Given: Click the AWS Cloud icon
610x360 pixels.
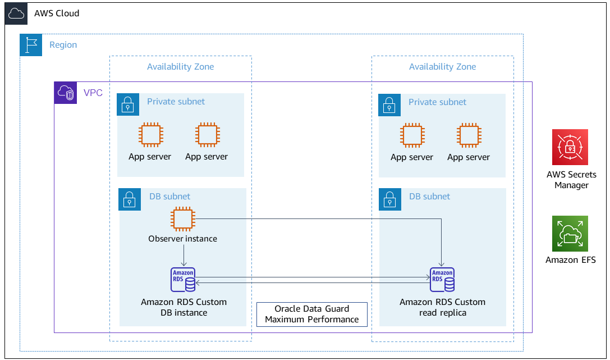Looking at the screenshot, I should tap(16, 13).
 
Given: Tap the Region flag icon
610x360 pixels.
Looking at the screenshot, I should tap(31, 45).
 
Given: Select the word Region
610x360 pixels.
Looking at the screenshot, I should tap(63, 45).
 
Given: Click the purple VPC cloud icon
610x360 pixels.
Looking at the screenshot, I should tap(66, 93).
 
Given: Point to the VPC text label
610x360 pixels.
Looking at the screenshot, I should tap(93, 93).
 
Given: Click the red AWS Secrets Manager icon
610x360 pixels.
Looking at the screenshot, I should tap(570, 147).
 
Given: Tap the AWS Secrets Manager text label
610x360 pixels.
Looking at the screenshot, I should tap(571, 180).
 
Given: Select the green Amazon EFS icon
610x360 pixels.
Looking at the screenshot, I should tap(570, 234).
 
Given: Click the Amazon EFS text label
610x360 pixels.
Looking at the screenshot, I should tap(571, 260).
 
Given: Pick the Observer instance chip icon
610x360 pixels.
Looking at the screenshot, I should tap(183, 218).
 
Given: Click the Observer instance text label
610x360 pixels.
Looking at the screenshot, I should tap(182, 239).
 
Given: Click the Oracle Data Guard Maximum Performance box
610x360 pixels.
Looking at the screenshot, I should tap(311, 314).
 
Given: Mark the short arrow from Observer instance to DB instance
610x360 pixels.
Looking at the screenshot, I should tap(184, 256).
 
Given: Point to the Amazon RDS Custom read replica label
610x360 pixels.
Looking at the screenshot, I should tap(442, 307).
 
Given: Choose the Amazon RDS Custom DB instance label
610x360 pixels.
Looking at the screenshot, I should tap(184, 307).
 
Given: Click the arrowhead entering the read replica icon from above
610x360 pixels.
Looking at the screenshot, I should tap(442, 265).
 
